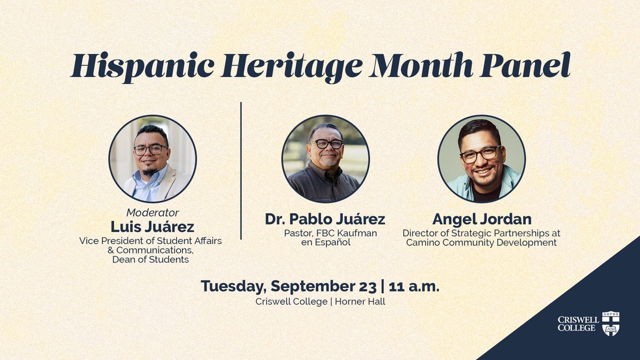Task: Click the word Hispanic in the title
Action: pos(142,66)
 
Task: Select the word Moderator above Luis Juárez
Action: pos(153,212)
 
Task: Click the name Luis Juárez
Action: pos(153,226)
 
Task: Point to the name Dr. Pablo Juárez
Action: pos(325,219)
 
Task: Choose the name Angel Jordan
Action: pos(481,219)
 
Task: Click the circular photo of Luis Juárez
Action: pos(153,159)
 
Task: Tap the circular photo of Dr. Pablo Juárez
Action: pos(325,159)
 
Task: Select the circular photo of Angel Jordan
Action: pos(482,159)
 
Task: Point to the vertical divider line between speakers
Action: pos(241,171)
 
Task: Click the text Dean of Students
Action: pos(150,260)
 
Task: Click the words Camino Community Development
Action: pos(481,243)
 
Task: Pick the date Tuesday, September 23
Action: pos(289,286)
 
